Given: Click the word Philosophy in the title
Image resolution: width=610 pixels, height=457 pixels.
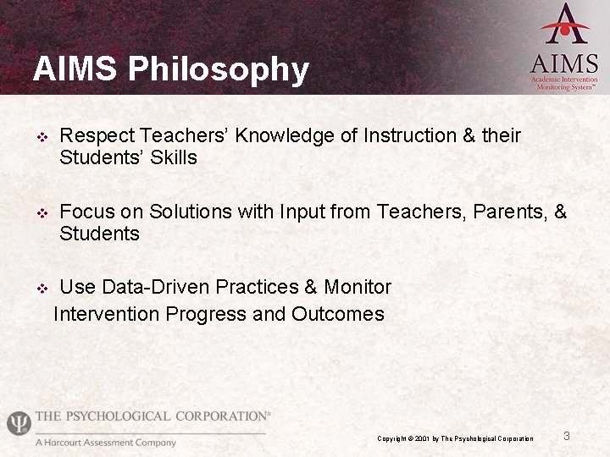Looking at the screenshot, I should (x=219, y=69).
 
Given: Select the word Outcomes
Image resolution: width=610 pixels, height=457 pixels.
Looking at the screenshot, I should (x=337, y=314).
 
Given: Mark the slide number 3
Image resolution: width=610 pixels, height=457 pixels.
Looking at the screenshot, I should (x=567, y=436).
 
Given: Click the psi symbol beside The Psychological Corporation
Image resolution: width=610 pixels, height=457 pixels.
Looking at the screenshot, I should (x=18, y=422).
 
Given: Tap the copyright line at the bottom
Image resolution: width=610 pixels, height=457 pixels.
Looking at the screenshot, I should (x=455, y=438).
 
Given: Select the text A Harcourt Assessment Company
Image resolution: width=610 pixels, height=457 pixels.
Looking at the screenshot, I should (x=105, y=442).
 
